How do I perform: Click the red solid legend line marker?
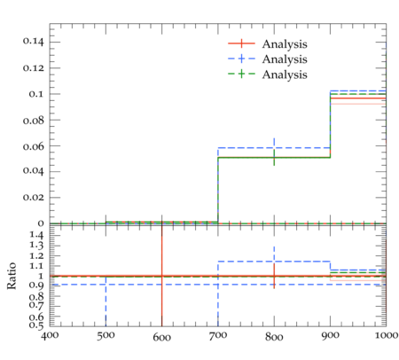point(241,43)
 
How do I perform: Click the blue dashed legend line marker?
point(241,59)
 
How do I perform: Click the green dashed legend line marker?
point(241,74)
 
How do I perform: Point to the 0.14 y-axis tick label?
point(33,42)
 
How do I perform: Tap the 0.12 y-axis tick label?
point(33,67)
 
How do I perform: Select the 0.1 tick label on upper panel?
point(36,94)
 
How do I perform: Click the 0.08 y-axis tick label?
point(33,120)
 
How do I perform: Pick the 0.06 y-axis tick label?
point(33,145)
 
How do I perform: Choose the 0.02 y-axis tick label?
point(33,197)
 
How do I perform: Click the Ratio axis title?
point(12,276)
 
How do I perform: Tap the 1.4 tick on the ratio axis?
point(36,235)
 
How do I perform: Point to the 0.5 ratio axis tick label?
point(36,325)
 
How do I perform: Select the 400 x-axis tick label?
point(50,336)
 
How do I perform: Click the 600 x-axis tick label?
point(162,337)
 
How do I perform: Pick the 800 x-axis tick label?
point(274,336)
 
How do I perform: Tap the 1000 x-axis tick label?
point(387,335)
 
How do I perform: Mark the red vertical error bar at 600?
point(162,276)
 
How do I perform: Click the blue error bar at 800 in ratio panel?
point(274,254)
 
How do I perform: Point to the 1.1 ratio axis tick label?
point(36,266)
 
